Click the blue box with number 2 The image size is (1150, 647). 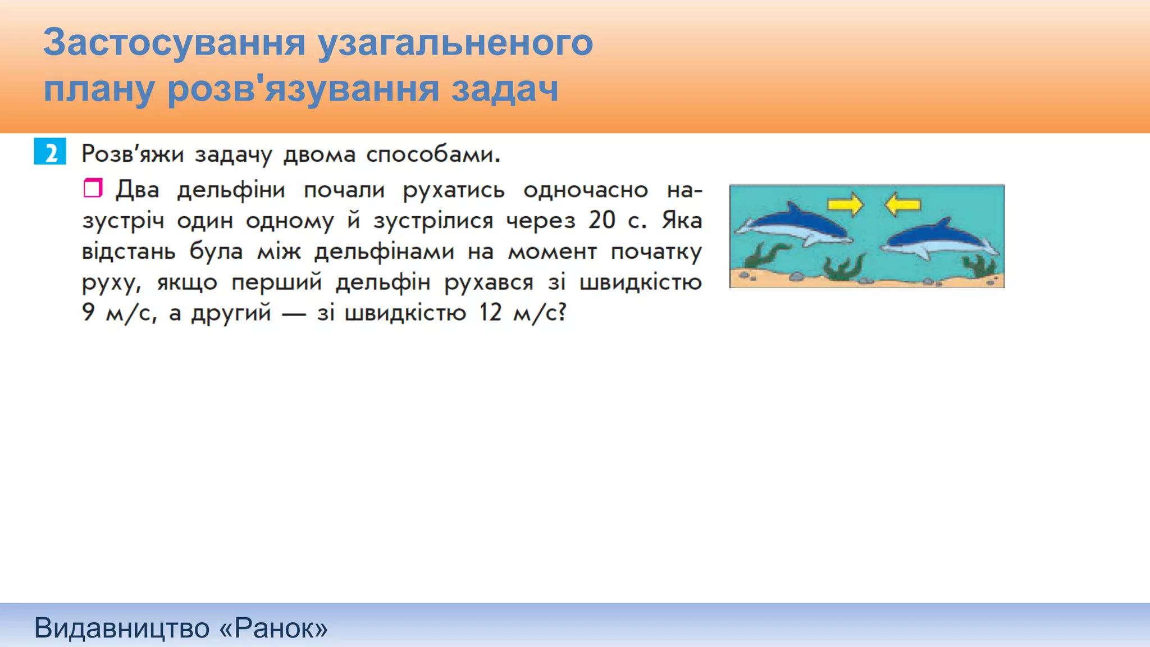tap(50, 152)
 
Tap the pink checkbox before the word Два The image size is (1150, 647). tap(93, 188)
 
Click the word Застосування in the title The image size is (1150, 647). tap(174, 43)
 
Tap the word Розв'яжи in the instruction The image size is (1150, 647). tap(133, 154)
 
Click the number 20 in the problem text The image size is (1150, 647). tap(602, 220)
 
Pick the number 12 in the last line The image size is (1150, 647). tap(490, 312)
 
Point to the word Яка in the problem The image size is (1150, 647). tap(682, 220)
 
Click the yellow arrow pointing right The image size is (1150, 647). tap(845, 204)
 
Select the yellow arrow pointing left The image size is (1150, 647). tap(902, 204)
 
